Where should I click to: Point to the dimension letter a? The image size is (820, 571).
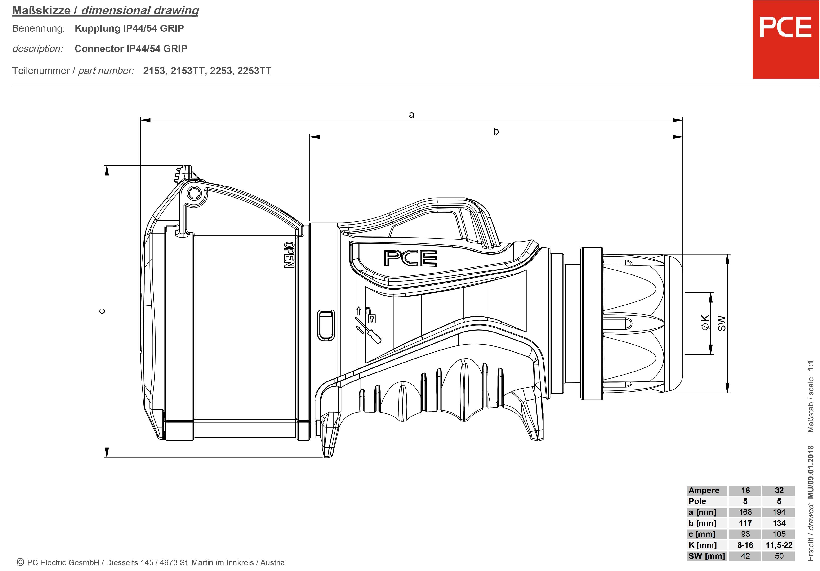point(411,115)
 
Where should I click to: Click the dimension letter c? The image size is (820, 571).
point(102,311)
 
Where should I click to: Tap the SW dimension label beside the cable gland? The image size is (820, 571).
point(722,323)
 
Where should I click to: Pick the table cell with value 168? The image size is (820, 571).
point(745,512)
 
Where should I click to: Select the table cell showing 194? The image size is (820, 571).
point(779,512)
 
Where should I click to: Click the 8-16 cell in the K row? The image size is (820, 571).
point(745,545)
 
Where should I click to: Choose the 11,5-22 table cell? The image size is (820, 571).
point(779,545)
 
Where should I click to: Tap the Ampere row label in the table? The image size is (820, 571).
point(704,490)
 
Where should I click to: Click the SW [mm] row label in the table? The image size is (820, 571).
point(706,556)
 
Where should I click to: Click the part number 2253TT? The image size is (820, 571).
point(254,71)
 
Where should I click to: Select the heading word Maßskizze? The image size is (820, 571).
point(41,11)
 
